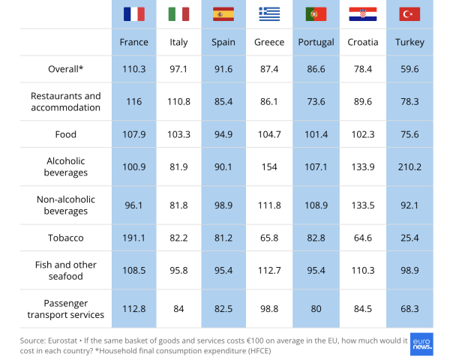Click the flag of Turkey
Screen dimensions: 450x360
click(409, 14)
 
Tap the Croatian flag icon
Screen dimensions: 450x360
click(363, 14)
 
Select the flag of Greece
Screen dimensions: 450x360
click(269, 14)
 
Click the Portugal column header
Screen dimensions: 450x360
click(316, 42)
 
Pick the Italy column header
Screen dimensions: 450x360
click(178, 42)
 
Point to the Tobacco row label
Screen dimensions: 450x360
click(66, 238)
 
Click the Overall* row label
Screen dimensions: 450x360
click(66, 69)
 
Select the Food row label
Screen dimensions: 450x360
click(66, 134)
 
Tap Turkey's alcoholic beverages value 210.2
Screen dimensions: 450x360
click(409, 167)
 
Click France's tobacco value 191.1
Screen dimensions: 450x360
click(133, 238)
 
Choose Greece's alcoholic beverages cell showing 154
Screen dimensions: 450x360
click(269, 167)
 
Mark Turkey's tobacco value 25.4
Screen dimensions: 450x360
click(409, 238)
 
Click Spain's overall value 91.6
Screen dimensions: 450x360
click(223, 69)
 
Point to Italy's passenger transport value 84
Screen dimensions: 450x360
click(178, 309)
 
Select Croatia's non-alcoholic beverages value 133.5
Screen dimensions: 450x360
click(363, 205)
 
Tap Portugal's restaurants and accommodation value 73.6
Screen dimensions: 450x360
click(316, 102)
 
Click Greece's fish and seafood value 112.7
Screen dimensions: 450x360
click(269, 271)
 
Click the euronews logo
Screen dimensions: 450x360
click(421, 344)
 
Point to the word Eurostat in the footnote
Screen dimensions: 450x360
click(62, 340)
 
